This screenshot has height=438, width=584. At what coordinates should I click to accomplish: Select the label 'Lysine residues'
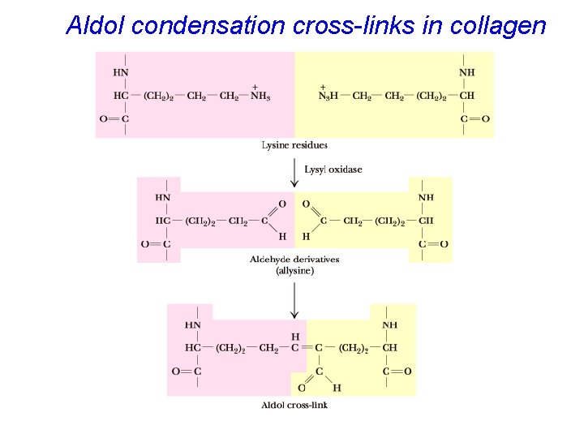(x=294, y=145)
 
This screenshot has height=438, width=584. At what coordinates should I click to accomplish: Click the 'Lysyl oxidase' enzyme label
(x=333, y=170)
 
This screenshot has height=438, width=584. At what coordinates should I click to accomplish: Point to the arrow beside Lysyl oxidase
(x=294, y=171)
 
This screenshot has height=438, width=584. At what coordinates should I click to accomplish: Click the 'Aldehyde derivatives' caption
(x=294, y=260)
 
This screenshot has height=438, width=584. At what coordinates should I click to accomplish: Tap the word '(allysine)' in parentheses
(x=294, y=271)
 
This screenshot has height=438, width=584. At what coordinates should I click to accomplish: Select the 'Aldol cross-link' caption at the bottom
(x=294, y=405)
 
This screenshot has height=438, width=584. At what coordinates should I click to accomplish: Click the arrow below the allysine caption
(x=294, y=298)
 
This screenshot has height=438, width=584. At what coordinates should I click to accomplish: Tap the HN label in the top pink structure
(x=121, y=72)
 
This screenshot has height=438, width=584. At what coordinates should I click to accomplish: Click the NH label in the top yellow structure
(x=467, y=72)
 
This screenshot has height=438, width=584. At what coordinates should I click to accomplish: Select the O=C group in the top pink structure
(x=114, y=119)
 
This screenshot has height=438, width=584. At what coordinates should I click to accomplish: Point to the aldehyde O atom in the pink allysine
(x=282, y=204)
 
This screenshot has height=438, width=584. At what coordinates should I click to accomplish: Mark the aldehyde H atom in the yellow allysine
(x=306, y=237)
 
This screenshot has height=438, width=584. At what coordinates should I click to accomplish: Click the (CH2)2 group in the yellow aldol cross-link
(x=354, y=348)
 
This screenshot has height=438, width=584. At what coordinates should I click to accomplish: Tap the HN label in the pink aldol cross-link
(x=193, y=325)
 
